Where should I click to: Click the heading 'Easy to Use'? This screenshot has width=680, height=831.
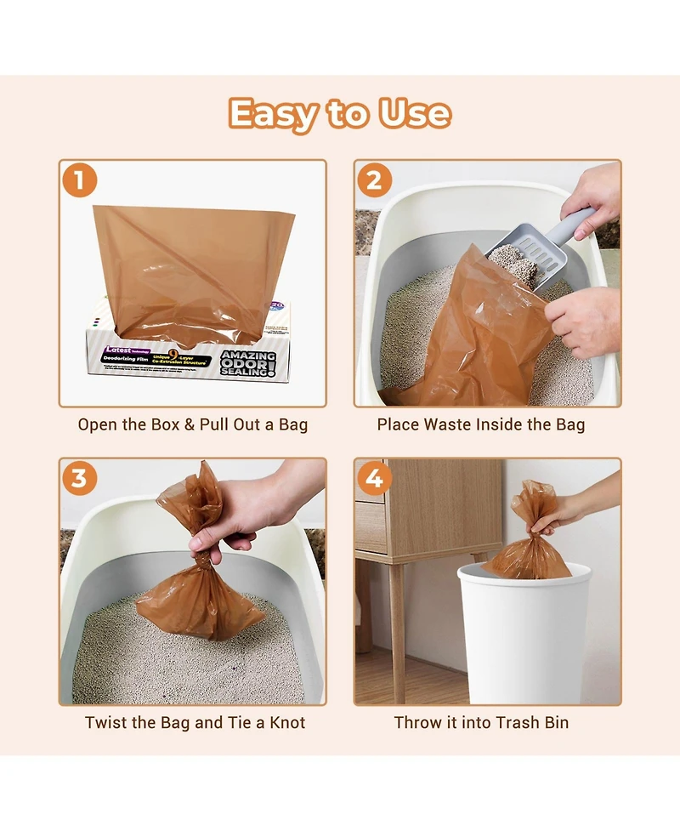pos(339,114)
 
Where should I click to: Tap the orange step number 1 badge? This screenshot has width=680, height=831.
pos(79,180)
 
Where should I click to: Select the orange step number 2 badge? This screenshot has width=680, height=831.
pos(375,180)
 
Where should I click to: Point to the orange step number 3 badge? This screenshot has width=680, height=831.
pos(79,479)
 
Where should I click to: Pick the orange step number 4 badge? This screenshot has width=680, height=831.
pos(375,479)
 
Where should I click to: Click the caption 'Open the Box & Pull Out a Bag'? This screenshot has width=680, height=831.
pos(192,424)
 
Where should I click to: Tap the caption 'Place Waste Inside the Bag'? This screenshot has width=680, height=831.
pos(481,424)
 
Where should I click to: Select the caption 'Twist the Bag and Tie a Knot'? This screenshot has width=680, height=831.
pos(195,723)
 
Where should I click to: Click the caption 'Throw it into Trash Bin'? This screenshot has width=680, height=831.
pos(481,723)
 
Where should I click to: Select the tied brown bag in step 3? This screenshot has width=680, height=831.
pos(200,595)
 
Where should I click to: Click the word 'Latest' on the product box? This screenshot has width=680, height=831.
pos(118,350)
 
